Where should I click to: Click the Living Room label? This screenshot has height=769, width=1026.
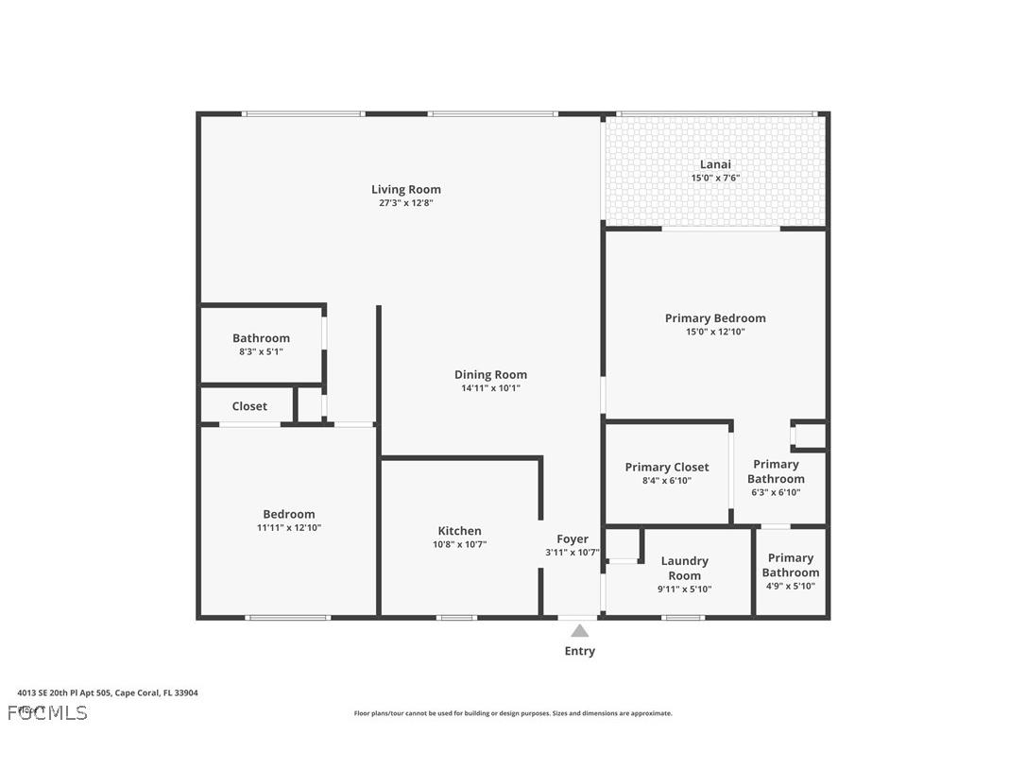pyautogui.click(x=405, y=189)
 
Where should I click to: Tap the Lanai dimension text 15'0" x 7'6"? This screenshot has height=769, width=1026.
pyautogui.click(x=715, y=178)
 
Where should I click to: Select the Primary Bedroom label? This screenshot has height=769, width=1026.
pyautogui.click(x=715, y=318)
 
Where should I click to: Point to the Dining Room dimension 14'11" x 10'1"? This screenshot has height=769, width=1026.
pyautogui.click(x=490, y=387)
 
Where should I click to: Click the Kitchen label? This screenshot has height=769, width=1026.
pyautogui.click(x=459, y=531)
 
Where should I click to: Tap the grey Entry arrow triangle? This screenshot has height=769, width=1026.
pyautogui.click(x=579, y=631)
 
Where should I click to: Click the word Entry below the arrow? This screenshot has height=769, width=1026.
pyautogui.click(x=579, y=651)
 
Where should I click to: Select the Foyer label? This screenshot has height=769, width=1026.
pyautogui.click(x=573, y=538)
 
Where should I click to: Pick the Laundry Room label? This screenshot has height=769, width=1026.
pyautogui.click(x=685, y=568)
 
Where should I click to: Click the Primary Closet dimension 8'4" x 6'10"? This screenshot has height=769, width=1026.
pyautogui.click(x=667, y=480)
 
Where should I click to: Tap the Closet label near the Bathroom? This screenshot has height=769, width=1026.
pyautogui.click(x=249, y=406)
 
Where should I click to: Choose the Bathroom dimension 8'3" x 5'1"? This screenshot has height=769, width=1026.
pyautogui.click(x=261, y=351)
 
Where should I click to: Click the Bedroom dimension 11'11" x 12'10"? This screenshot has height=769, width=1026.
pyautogui.click(x=289, y=527)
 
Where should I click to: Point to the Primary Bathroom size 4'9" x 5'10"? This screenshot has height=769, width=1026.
pyautogui.click(x=790, y=586)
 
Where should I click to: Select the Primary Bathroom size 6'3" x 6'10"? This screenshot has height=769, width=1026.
pyautogui.click(x=776, y=492)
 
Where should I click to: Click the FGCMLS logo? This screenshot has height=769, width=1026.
pyautogui.click(x=47, y=712)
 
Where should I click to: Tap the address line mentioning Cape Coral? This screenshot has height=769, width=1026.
pyautogui.click(x=108, y=692)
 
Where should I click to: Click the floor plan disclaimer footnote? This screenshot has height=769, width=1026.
pyautogui.click(x=513, y=713)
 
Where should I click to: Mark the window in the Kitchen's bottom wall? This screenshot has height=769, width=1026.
pyautogui.click(x=457, y=618)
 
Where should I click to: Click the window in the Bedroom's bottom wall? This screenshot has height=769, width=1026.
pyautogui.click(x=288, y=618)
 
